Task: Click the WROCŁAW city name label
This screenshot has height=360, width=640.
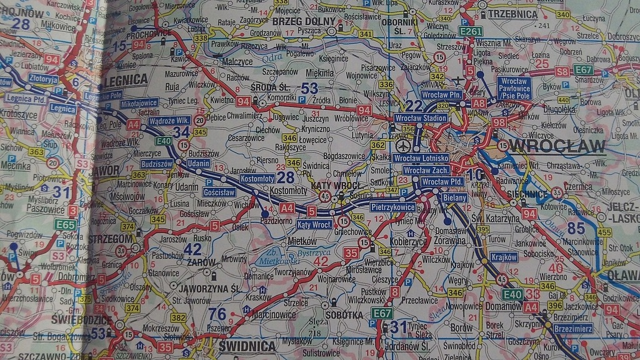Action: coord(558,146)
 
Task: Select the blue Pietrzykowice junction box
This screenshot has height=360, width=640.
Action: coord(393,206)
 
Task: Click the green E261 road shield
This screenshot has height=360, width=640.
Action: coord(470,31)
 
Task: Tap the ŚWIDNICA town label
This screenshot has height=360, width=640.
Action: coord(247,346)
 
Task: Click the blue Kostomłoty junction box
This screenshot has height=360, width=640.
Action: coord(257,179)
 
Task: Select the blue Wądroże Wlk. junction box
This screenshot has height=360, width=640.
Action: coord(169,120)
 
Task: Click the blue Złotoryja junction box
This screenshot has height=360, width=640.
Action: coord(43,79)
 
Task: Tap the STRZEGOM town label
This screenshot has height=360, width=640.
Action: coord(110,239)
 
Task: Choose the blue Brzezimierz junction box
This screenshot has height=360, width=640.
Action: coord(573,327)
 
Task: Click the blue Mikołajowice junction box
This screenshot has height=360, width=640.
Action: coord(139,102)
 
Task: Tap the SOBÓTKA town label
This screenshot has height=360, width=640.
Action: coord(344,315)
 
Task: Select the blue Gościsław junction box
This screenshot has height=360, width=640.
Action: coord(219,192)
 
